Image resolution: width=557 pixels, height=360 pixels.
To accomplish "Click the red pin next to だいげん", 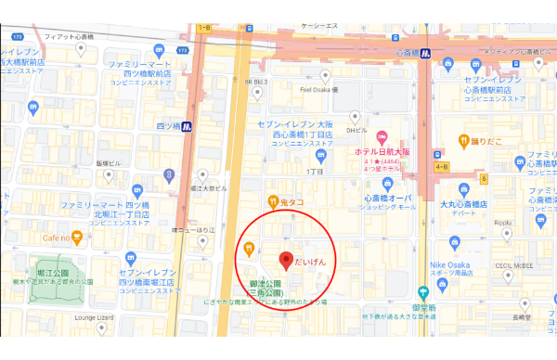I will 287,260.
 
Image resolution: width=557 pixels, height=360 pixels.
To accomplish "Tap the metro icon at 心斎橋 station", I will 424,53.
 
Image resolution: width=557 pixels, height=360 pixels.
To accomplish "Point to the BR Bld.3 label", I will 255,82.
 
